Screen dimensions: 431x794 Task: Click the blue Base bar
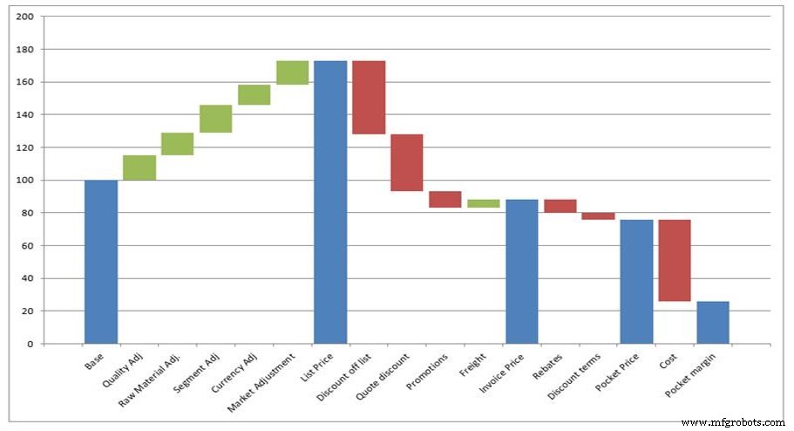click(x=101, y=262)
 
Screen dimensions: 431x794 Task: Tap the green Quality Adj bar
click(x=139, y=168)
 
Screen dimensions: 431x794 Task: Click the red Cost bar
click(x=675, y=260)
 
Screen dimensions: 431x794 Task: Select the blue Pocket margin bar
click(x=713, y=322)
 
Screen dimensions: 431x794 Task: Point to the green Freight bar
click(x=484, y=203)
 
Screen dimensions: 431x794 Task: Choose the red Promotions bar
click(x=445, y=199)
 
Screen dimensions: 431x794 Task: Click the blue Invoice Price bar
click(x=522, y=271)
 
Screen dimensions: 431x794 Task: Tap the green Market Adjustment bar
click(x=292, y=72)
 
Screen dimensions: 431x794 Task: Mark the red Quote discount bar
click(x=407, y=162)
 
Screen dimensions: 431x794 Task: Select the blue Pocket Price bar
click(x=636, y=281)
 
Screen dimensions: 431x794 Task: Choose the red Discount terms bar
click(x=598, y=215)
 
